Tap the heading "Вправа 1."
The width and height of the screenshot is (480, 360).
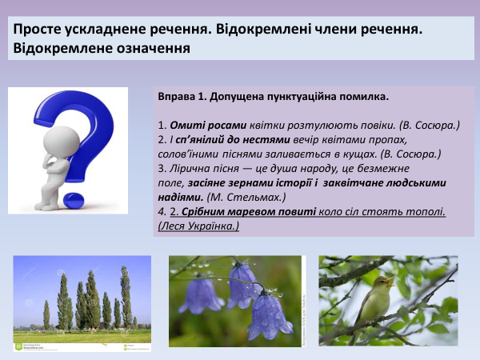click(183, 97)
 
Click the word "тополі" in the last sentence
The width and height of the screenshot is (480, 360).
click(423, 211)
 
